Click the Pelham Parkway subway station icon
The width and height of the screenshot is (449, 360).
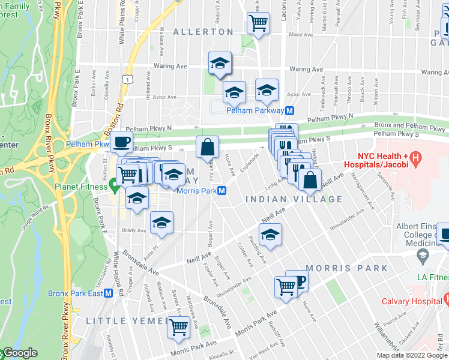click(289, 111)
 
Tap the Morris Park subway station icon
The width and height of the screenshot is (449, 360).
click(222, 191)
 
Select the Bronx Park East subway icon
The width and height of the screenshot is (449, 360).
click(109, 293)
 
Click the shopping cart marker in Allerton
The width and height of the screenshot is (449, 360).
click(258, 24)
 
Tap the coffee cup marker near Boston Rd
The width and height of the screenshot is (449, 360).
click(121, 142)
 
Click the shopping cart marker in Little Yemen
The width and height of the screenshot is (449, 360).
click(178, 327)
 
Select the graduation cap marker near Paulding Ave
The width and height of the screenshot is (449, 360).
click(271, 234)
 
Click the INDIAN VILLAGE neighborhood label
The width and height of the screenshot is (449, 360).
click(294, 199)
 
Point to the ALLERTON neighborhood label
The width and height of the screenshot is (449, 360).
click(203, 32)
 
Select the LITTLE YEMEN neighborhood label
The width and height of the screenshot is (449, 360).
click(125, 321)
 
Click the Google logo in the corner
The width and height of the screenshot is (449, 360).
click(19, 353)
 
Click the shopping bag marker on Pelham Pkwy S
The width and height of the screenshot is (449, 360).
click(207, 146)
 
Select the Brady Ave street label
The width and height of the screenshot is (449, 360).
click(133, 230)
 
